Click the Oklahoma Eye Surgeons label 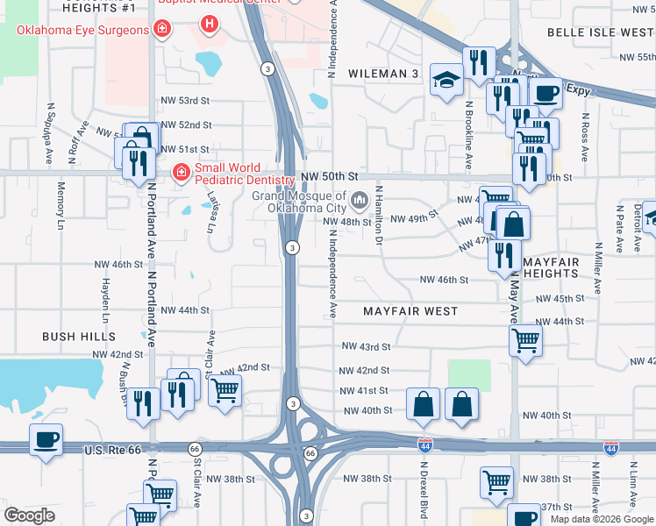pos(83,31)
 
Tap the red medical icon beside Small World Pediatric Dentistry pos(182,173)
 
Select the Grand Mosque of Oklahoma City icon pos(359,203)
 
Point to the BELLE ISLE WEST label pos(600,32)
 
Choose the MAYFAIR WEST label pos(410,311)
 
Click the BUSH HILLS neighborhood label pos(79,337)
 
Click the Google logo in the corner pos(29,515)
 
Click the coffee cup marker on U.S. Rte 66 pos(46,439)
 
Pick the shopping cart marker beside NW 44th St pos(525,339)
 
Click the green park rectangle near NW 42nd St pos(468,374)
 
